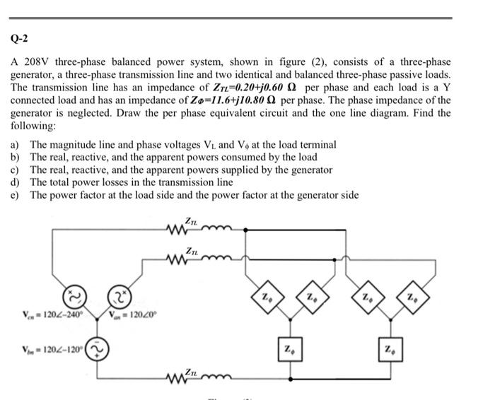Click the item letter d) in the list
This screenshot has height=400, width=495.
click(15, 182)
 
